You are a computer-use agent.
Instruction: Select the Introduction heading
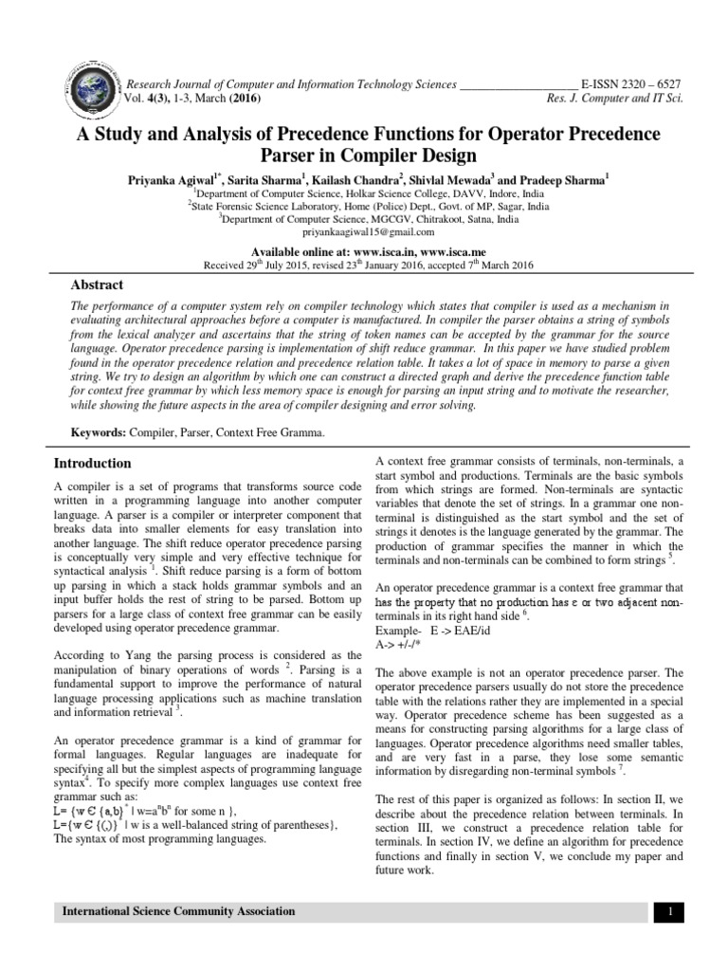[92, 463]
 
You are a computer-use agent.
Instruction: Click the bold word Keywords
[100, 432]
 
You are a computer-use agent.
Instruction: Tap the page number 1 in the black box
[669, 912]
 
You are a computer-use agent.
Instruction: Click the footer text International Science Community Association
[178, 911]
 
